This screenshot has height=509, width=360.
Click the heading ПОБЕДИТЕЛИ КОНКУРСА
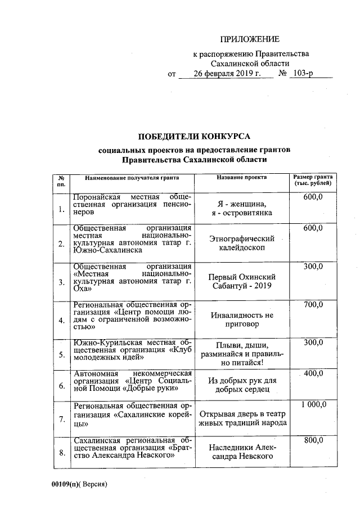click(x=194, y=137)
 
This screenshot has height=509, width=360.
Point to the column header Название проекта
click(x=241, y=177)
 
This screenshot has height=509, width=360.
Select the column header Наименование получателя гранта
click(x=132, y=177)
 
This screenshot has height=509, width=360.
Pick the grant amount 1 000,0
click(x=313, y=404)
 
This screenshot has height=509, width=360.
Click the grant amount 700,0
click(x=313, y=304)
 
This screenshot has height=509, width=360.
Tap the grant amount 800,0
click(x=313, y=441)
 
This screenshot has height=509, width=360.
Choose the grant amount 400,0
click(x=313, y=373)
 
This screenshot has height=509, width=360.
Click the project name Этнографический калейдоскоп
click(x=241, y=243)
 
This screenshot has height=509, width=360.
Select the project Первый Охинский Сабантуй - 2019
click(x=241, y=281)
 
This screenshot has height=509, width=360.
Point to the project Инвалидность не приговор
click(x=241, y=320)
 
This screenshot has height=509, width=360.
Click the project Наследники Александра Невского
click(x=241, y=451)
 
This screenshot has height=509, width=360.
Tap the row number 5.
click(x=61, y=354)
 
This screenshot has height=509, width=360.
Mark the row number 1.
click(x=61, y=210)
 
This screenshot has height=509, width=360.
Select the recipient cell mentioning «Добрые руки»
click(x=133, y=381)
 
